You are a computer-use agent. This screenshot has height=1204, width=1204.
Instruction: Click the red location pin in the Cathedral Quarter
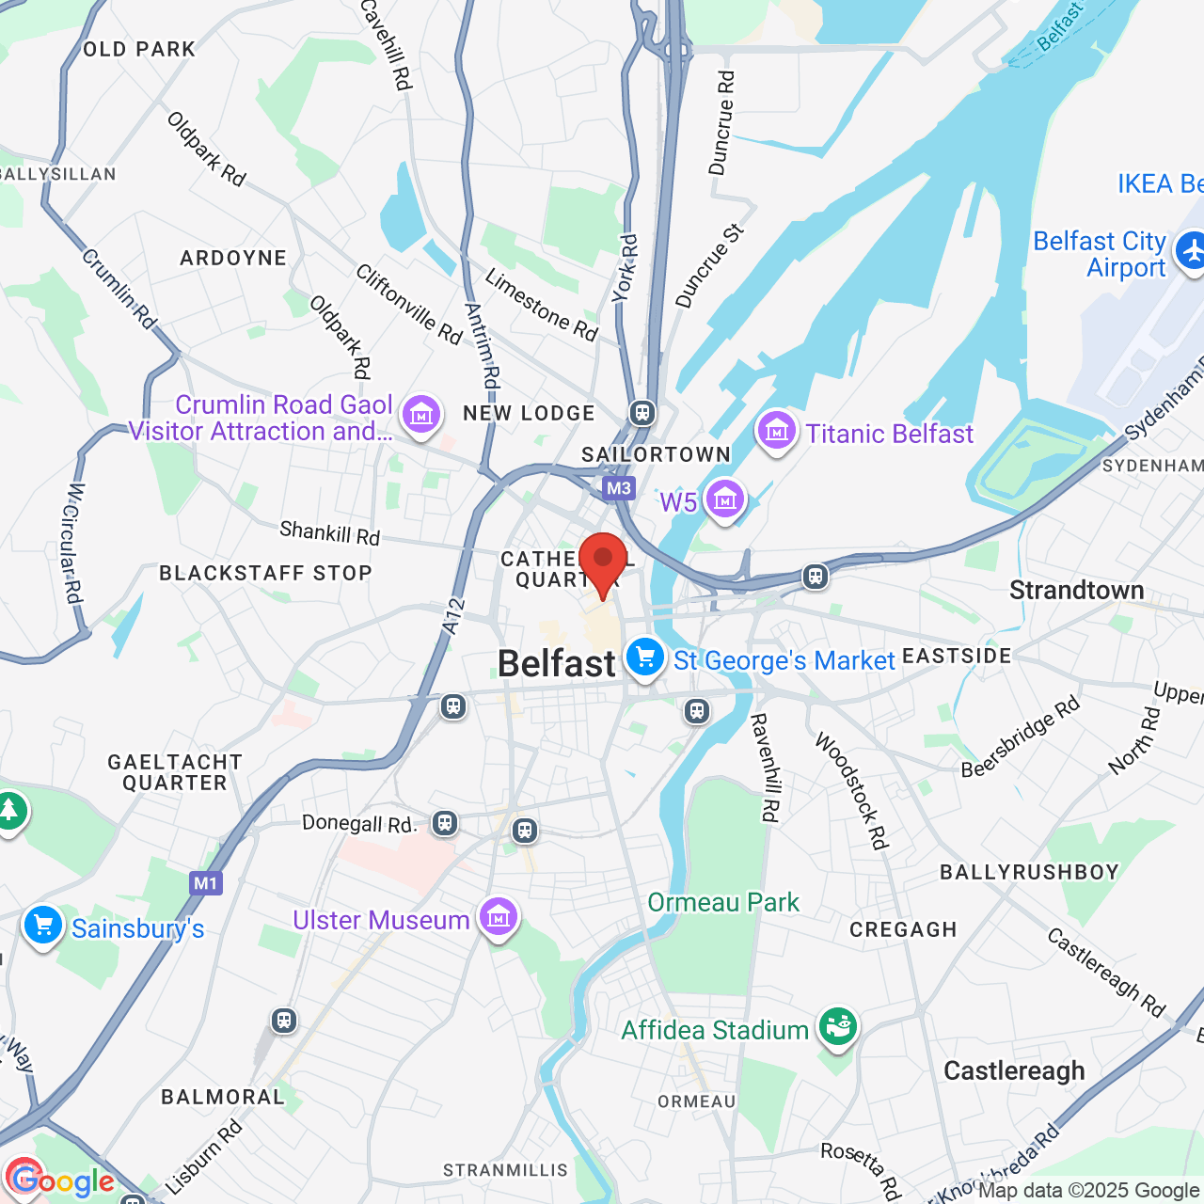pos(603,561)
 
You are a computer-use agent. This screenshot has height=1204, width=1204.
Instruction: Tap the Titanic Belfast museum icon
pos(777,433)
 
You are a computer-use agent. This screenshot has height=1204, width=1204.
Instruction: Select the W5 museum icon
pos(725,500)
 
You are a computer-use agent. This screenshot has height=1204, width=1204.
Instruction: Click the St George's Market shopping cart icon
pos(645,657)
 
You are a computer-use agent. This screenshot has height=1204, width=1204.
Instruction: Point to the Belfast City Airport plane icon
pos(1192,253)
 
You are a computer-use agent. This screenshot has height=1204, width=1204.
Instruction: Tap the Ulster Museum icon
pos(498,917)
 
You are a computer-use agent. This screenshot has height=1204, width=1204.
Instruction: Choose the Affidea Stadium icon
pos(836,1027)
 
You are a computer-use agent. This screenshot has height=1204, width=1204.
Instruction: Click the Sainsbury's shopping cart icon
pos(43,927)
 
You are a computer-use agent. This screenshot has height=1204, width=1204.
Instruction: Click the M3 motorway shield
pos(618,488)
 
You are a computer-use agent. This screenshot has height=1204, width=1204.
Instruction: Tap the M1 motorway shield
pos(205,883)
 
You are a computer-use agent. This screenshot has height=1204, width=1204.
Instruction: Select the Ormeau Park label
pos(723,902)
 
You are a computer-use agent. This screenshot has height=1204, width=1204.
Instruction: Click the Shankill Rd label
pos(329,533)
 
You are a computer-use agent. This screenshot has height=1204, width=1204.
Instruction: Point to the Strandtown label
pos(1076,591)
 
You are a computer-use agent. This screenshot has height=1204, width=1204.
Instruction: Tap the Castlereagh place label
pos(1014,1070)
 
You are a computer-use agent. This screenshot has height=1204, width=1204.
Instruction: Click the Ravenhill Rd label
pos(765,768)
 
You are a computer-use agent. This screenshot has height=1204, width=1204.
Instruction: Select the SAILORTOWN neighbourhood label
pos(656,454)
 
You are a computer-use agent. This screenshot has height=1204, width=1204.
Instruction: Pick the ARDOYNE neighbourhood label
pos(233,258)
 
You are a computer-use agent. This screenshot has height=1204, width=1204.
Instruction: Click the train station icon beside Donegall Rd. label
pos(445,824)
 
